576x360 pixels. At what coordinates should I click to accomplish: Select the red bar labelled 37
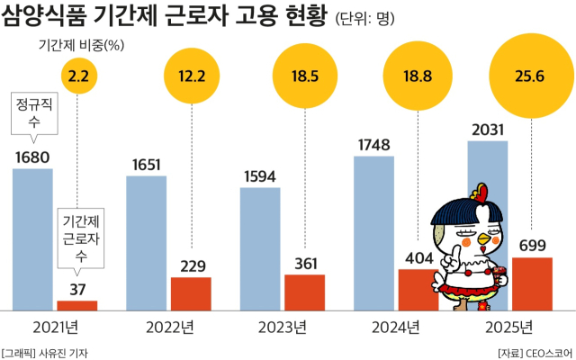pos(77,304)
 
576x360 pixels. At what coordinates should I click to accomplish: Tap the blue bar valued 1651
pos(146,241)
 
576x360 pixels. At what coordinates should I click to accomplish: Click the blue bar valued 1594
pos(260,245)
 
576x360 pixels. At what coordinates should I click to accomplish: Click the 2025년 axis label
pos(509,326)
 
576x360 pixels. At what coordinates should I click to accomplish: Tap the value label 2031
pos(487,130)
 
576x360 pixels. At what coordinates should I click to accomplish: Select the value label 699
pos(531,245)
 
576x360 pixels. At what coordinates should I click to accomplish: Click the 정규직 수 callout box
pos(32,112)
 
